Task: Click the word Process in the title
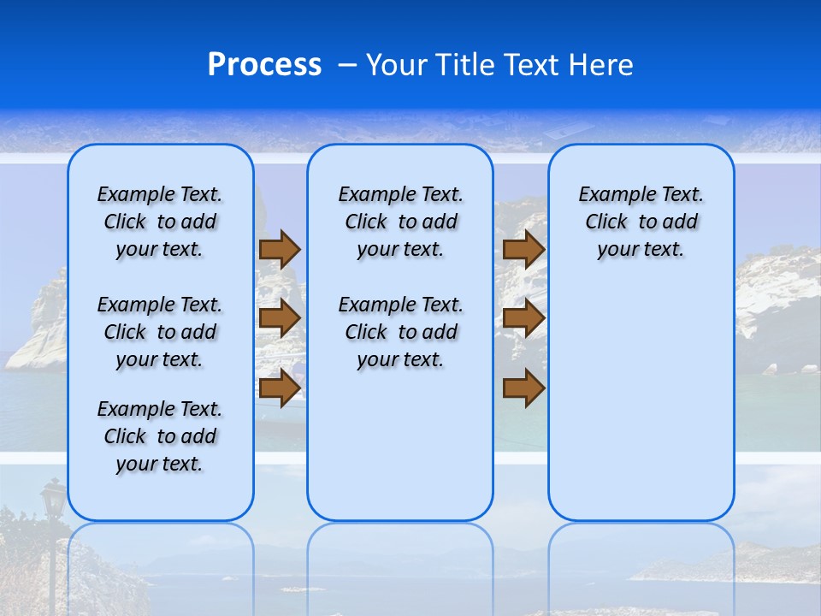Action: [x=264, y=65]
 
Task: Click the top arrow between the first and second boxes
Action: [x=280, y=249]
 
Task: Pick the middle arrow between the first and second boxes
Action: [x=280, y=318]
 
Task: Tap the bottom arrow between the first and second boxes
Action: [x=280, y=388]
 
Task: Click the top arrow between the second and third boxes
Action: [x=523, y=249]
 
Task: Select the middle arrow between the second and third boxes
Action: [x=523, y=318]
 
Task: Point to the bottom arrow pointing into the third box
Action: [x=523, y=388]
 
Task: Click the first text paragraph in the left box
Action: [x=160, y=222]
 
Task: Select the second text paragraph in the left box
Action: [x=160, y=332]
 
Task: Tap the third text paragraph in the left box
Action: [x=160, y=436]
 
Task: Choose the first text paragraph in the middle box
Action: [x=400, y=222]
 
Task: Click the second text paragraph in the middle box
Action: [x=400, y=332]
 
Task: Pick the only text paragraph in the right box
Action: [x=641, y=222]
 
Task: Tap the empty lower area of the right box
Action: [x=641, y=402]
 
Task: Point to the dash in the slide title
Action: [x=347, y=66]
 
